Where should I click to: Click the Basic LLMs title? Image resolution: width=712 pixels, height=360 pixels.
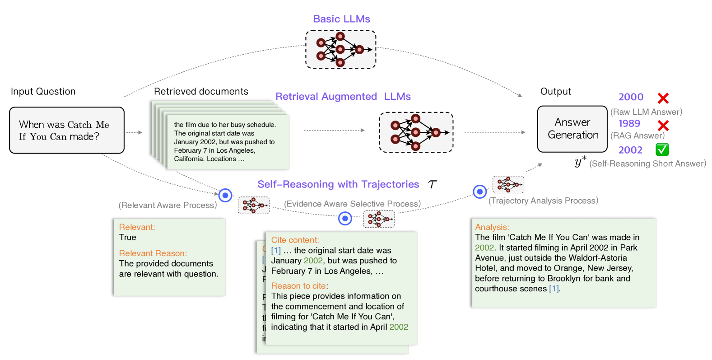(x=341, y=19)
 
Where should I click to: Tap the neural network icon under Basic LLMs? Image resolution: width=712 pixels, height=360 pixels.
(x=340, y=49)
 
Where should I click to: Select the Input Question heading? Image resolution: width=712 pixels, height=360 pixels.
(x=43, y=92)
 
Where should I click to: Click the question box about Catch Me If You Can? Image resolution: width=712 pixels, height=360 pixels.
(x=66, y=130)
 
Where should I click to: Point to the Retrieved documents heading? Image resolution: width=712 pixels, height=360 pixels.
(x=201, y=92)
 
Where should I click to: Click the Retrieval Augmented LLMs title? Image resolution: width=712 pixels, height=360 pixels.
(x=343, y=97)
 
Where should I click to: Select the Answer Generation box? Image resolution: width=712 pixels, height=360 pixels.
(x=572, y=129)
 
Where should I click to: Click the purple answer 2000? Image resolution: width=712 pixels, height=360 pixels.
(x=631, y=97)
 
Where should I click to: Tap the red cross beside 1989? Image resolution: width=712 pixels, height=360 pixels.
(x=663, y=126)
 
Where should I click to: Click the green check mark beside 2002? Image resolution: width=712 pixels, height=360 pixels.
(x=662, y=150)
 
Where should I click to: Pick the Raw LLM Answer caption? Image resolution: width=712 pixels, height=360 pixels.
(x=646, y=112)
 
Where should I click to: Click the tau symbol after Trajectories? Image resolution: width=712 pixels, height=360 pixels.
(x=433, y=184)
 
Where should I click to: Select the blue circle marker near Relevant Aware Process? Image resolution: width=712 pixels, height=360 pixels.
(x=225, y=195)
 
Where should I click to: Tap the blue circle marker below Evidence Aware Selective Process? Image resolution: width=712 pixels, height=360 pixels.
(x=345, y=219)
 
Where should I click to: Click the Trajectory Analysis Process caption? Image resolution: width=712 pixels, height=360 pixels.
(x=543, y=201)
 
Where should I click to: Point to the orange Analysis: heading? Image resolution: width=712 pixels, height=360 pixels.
(x=492, y=227)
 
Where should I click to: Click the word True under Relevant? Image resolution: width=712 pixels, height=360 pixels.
(x=127, y=238)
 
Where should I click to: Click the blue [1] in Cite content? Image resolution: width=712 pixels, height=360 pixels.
(x=276, y=251)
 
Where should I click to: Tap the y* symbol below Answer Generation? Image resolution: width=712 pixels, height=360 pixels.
(x=580, y=162)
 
